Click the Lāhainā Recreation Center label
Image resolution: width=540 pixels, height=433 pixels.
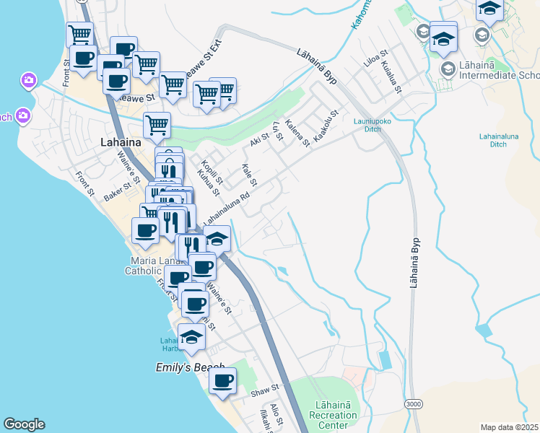coord(333,415)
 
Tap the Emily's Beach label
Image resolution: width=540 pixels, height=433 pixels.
coord(191,367)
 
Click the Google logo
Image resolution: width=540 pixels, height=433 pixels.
coord(24,424)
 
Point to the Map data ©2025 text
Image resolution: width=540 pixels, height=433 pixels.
coord(509,427)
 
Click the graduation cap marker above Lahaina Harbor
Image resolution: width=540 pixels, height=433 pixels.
coord(191,337)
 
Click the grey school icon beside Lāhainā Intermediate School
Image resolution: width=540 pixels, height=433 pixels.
coord(447,67)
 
